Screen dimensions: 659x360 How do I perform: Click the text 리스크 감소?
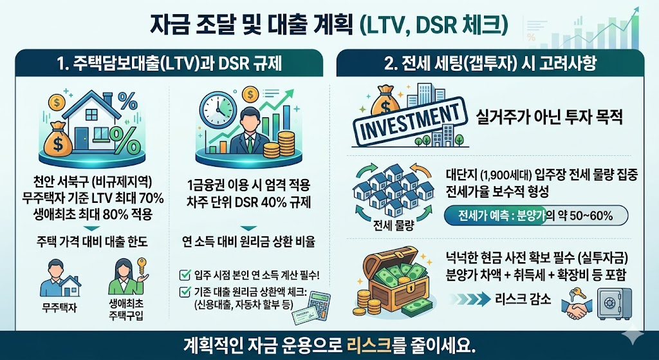coord(523,298)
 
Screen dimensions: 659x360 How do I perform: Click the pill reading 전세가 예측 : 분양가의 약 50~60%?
coord(536,214)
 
